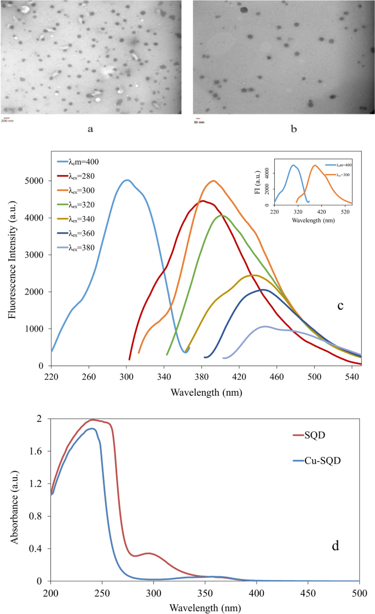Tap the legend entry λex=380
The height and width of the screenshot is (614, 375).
tap(84, 247)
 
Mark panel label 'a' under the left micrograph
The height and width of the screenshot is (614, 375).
tap(90, 130)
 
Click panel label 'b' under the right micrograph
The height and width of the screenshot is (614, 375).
tap(293, 130)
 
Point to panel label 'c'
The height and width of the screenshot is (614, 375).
tap(340, 305)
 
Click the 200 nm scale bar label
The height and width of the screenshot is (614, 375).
tap(7, 120)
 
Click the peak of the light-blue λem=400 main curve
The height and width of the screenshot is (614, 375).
tap(127, 179)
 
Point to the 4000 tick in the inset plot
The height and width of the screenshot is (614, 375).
tap(264, 171)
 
